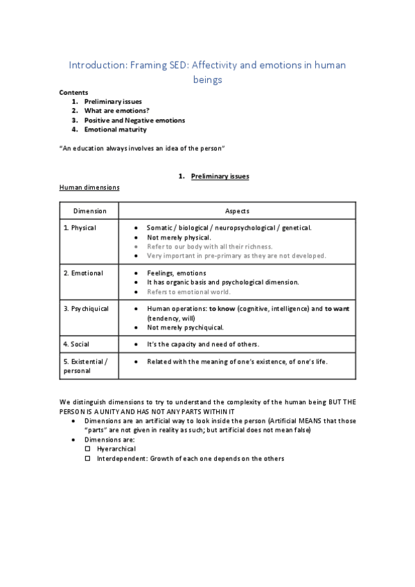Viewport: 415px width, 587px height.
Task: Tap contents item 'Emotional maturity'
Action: point(115,129)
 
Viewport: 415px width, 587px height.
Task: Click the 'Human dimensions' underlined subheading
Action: point(89,188)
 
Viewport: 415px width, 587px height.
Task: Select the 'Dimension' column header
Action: point(90,211)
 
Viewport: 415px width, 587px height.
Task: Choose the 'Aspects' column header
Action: point(238,211)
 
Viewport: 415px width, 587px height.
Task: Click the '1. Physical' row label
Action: point(80,228)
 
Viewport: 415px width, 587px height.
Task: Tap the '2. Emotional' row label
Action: point(83,273)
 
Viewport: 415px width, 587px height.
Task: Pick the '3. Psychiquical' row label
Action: point(87,309)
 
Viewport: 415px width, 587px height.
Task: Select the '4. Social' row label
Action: point(76,344)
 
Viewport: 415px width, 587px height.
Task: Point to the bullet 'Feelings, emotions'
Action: point(177,273)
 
